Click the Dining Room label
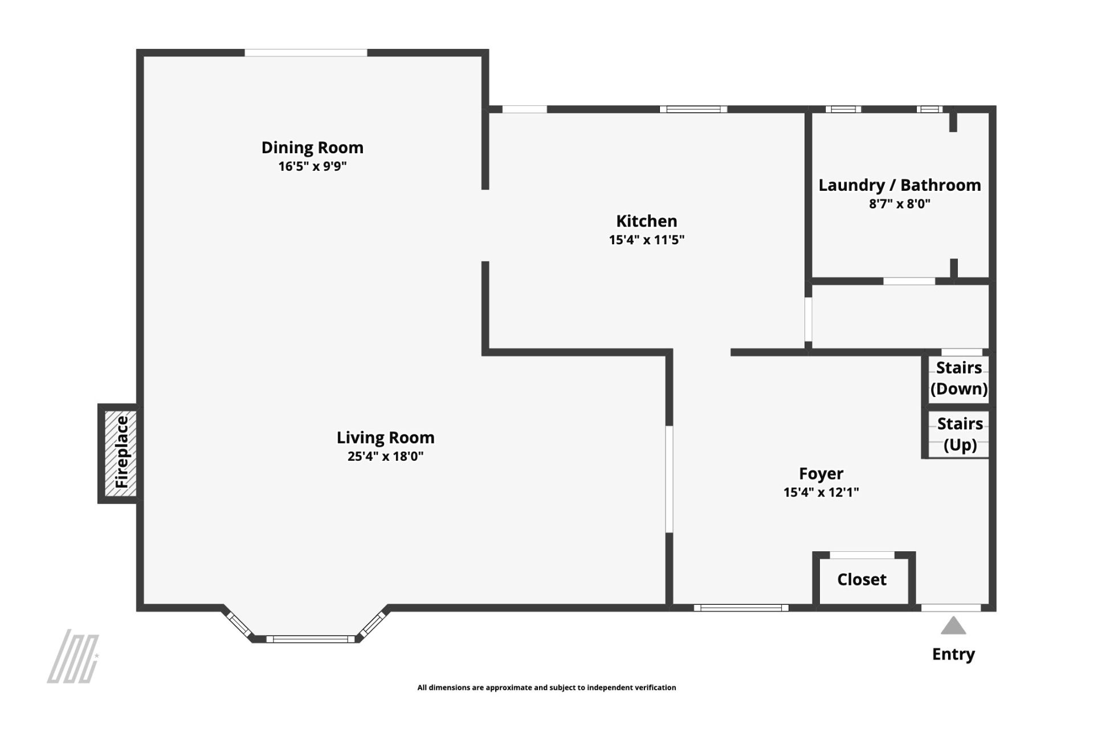(312, 148)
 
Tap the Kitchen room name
(647, 221)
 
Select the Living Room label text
(386, 438)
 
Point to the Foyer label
(821, 474)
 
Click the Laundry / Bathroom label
(900, 185)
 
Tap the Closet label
(862, 580)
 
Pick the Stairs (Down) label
(959, 378)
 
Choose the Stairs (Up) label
(960, 434)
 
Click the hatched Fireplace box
(120, 453)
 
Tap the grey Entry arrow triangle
(953, 625)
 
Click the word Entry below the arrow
(953, 654)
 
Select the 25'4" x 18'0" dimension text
(386, 456)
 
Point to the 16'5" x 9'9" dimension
(312, 166)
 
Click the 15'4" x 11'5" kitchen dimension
(647, 240)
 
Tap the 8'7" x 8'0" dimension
(900, 204)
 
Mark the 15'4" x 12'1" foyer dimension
(821, 492)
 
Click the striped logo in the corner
(73, 656)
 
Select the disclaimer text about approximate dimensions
(546, 687)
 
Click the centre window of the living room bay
(311, 639)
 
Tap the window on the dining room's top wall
(306, 53)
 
